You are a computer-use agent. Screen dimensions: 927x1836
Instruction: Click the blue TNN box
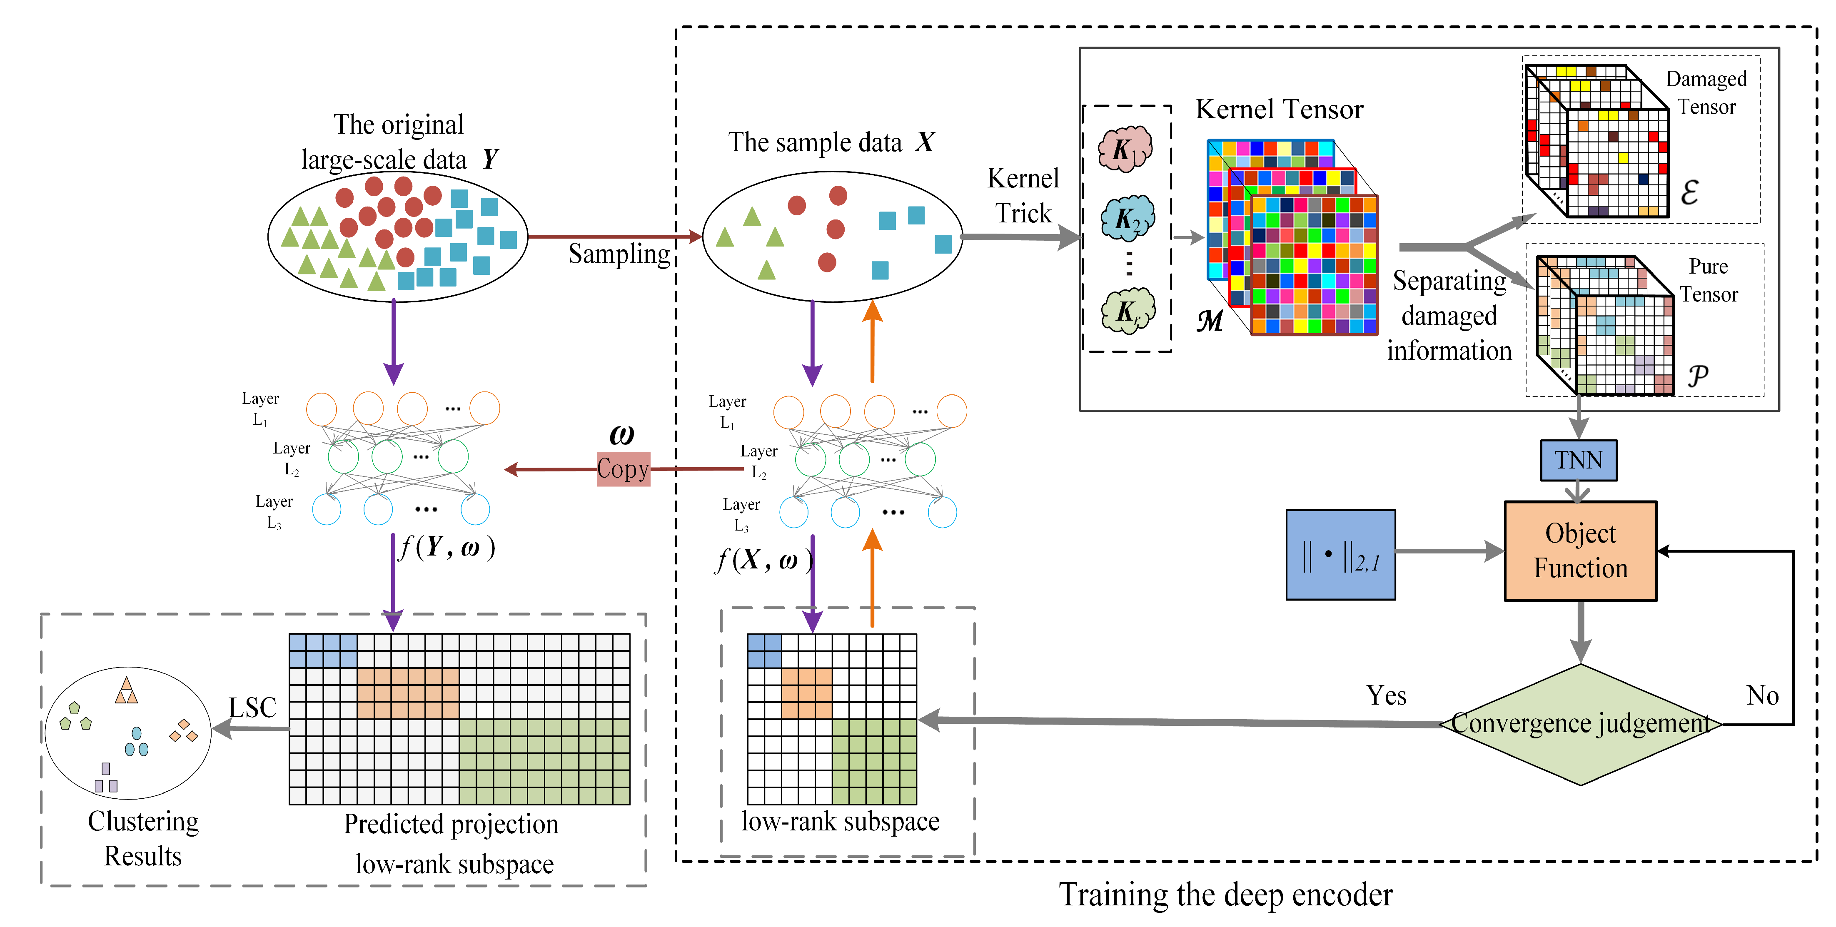pyautogui.click(x=1578, y=460)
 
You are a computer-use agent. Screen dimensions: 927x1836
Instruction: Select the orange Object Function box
pyautogui.click(x=1580, y=551)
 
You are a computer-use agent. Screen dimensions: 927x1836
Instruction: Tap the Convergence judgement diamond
pyautogui.click(x=1580, y=724)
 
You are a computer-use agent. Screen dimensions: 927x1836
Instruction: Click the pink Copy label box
pyautogui.click(x=623, y=469)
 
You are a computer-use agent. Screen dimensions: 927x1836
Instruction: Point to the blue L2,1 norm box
pyautogui.click(x=1340, y=554)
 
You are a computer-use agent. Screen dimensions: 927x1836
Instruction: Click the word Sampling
pyautogui.click(x=619, y=254)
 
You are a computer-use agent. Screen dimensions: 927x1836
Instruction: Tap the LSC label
pyautogui.click(x=252, y=708)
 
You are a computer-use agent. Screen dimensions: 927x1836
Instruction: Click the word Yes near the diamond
pyautogui.click(x=1386, y=695)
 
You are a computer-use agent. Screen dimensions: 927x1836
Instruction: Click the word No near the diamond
pyautogui.click(x=1762, y=695)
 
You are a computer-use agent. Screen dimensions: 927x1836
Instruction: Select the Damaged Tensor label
pyautogui.click(x=1706, y=92)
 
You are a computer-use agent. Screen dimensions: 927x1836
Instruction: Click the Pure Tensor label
pyautogui.click(x=1709, y=280)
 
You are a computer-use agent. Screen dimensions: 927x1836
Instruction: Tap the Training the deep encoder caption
pyautogui.click(x=1225, y=894)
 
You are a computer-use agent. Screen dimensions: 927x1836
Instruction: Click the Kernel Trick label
pyautogui.click(x=1023, y=195)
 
